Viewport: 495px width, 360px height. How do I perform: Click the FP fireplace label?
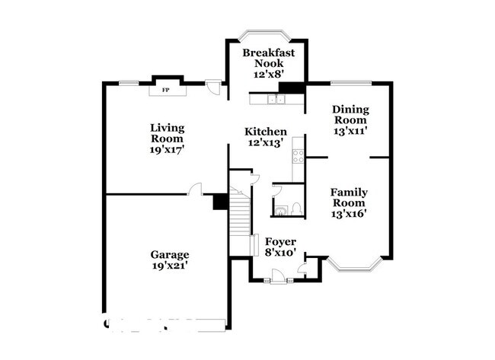coord(164,90)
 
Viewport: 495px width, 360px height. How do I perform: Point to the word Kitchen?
coord(266,131)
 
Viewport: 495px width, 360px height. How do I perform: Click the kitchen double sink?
coord(266,99)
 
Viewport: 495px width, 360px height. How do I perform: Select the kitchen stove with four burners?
coord(299,156)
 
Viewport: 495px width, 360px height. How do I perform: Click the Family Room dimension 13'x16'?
coord(349,214)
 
